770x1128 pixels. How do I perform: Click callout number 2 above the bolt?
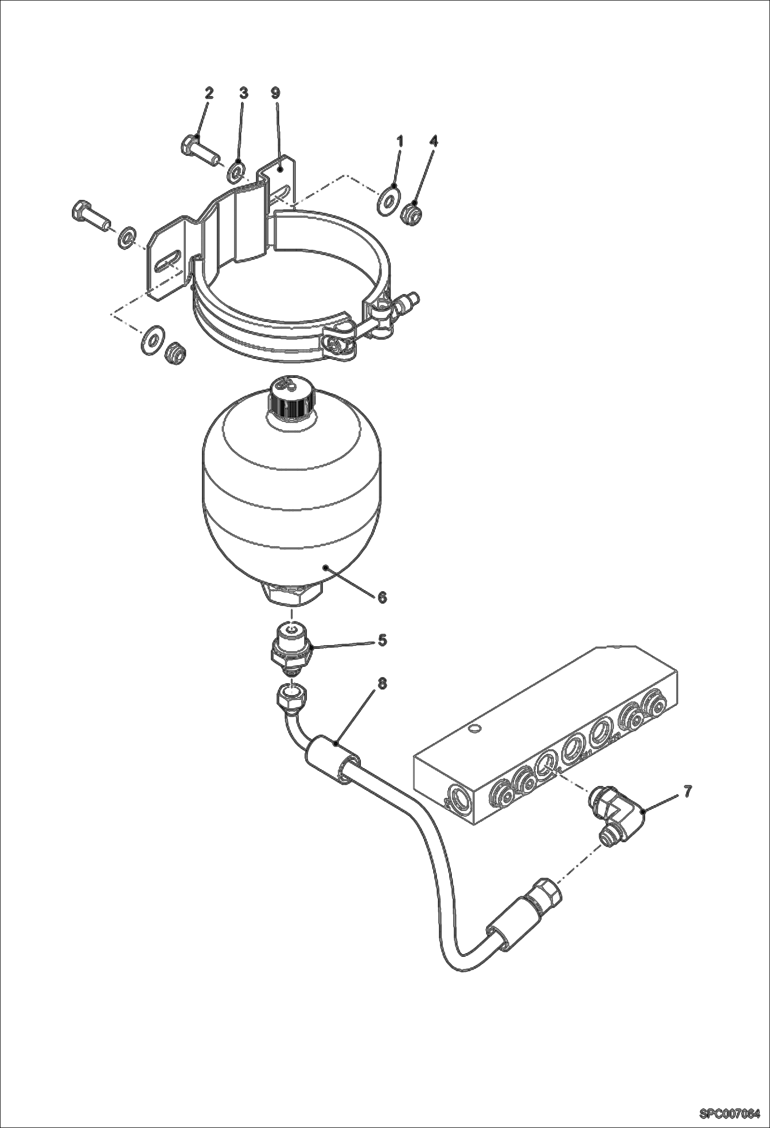click(x=209, y=93)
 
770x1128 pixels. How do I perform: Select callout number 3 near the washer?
click(x=244, y=93)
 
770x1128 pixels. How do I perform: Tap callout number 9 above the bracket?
click(x=276, y=93)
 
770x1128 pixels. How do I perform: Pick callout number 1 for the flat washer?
click(x=400, y=141)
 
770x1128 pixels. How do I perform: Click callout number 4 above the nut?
click(x=434, y=141)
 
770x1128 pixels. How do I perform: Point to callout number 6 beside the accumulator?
click(x=381, y=597)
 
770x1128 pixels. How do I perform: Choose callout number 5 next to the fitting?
click(x=381, y=640)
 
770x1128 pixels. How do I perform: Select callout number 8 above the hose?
click(x=381, y=683)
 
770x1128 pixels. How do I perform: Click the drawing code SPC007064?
click(x=729, y=1114)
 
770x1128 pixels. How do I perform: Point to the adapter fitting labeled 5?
click(x=291, y=651)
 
